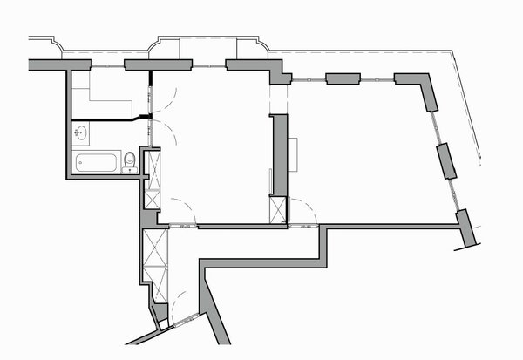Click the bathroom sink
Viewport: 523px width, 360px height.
81,134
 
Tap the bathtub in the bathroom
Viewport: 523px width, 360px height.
97,162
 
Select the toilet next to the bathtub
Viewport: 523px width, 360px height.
129,161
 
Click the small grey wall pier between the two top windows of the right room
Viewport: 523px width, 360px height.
343,79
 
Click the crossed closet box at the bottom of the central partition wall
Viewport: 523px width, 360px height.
278,210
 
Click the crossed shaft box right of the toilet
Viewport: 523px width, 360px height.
152,180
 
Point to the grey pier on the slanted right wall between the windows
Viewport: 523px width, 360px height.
446,160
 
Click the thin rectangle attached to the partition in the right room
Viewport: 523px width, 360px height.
295,155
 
